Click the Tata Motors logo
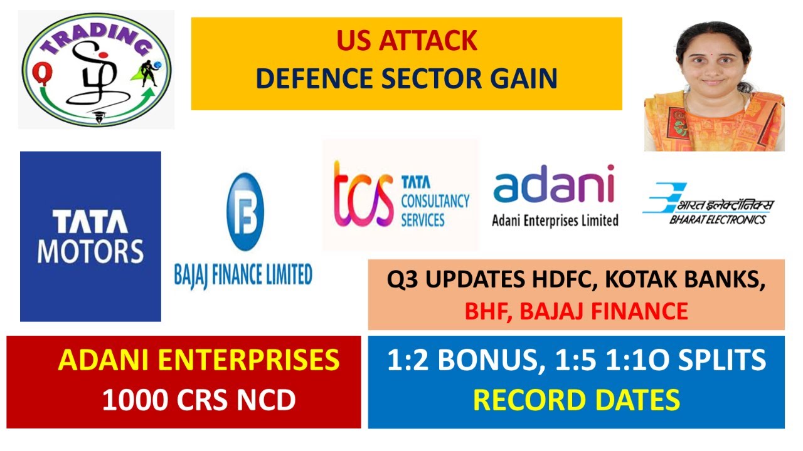pos(90,236)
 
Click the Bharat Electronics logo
pos(708,204)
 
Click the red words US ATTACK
pos(407,41)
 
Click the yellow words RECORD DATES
pos(576,400)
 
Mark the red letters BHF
pos(485,311)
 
